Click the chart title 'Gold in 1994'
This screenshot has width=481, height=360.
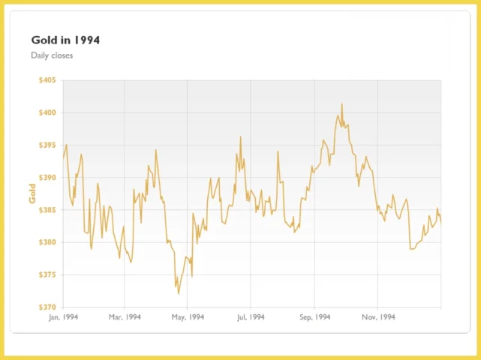click(x=65, y=40)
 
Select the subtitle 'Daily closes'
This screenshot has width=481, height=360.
click(x=52, y=55)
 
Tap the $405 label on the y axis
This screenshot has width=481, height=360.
click(x=47, y=80)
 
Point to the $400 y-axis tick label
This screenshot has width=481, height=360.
click(x=47, y=112)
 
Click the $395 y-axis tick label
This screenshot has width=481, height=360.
click(x=47, y=145)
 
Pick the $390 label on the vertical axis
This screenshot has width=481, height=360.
click(x=47, y=178)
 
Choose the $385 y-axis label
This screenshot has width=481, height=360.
click(x=47, y=210)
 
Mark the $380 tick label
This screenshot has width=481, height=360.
click(x=47, y=242)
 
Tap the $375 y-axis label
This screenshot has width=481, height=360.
click(x=47, y=274)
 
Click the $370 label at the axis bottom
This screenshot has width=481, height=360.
click(x=47, y=307)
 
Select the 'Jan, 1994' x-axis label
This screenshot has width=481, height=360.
click(x=64, y=317)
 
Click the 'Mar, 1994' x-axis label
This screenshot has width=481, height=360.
click(x=125, y=317)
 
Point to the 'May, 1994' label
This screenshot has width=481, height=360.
click(x=188, y=317)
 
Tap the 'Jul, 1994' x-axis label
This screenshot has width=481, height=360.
click(x=251, y=317)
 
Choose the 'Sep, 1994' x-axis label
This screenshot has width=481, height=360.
click(x=314, y=317)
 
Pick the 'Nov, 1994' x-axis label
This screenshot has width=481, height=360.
click(x=378, y=317)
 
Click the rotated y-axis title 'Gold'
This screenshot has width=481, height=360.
click(x=32, y=193)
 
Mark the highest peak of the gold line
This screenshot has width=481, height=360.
click(x=341, y=103)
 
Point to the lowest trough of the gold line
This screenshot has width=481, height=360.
click(x=179, y=294)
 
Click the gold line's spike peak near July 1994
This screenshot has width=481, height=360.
click(x=240, y=136)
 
